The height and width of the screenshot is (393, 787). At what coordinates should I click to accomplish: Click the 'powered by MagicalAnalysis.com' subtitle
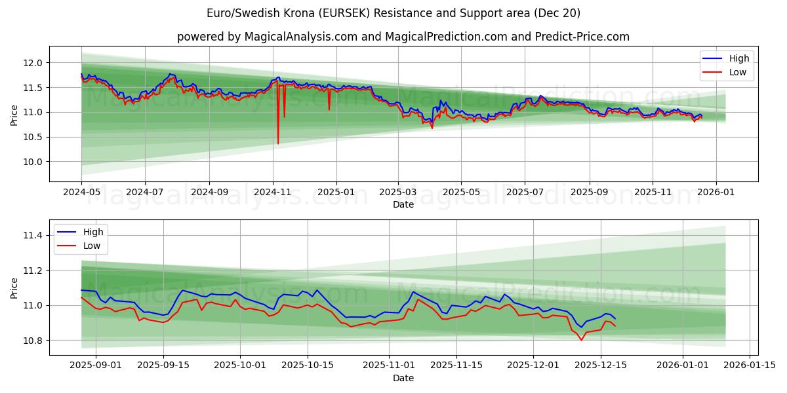[403, 37]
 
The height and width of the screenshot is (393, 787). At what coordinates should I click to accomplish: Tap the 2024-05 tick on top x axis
[81, 192]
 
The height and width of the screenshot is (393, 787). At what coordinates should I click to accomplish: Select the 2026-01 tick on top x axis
[716, 192]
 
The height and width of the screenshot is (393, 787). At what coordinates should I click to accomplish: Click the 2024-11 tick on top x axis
[272, 192]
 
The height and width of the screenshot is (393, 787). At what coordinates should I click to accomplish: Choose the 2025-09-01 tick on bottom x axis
[96, 365]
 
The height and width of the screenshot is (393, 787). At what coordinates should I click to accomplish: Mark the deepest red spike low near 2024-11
[278, 143]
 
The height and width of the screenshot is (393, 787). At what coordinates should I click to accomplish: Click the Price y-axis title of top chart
[14, 116]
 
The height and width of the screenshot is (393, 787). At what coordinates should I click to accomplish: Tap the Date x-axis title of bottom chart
[403, 378]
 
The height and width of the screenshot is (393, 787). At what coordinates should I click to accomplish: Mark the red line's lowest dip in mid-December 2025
[581, 340]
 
